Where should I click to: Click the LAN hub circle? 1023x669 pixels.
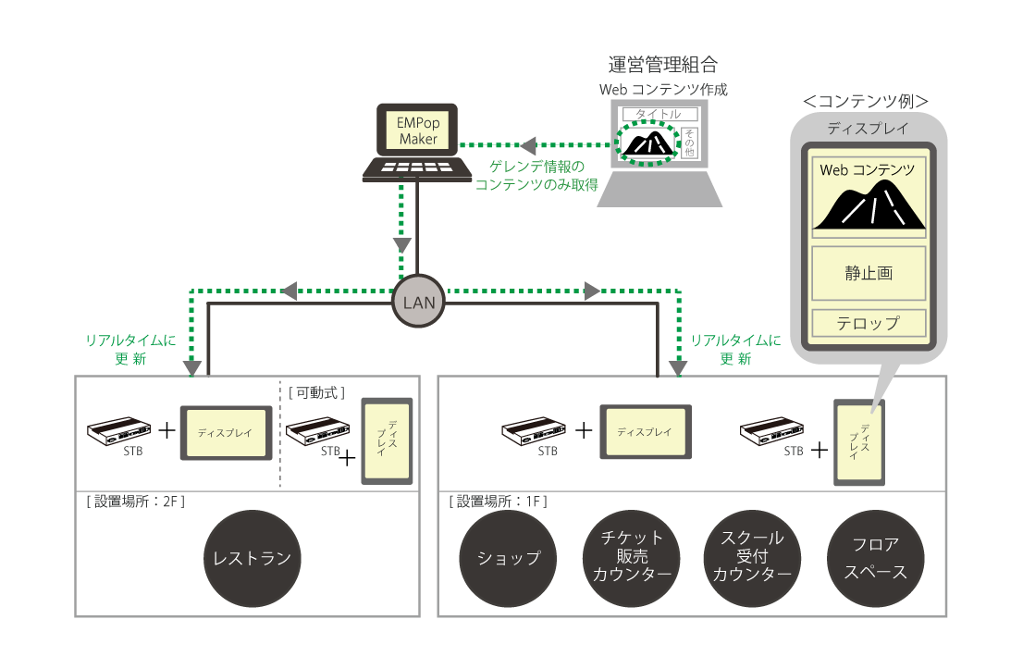coord(418,301)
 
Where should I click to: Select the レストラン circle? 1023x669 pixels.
coord(252,558)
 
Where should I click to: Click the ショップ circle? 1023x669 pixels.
coord(508,558)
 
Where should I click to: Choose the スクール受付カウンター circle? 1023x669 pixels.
coord(751,558)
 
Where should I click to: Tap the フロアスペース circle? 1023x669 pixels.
coord(874,558)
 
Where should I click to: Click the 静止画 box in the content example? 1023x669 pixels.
coord(869,274)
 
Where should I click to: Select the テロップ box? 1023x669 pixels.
coord(869,323)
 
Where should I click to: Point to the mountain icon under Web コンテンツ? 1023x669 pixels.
coord(869,205)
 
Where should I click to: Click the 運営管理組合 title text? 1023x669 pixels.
coord(662,66)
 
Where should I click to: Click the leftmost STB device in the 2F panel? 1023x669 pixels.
coord(119,431)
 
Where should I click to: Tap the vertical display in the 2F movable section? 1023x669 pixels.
coord(387,440)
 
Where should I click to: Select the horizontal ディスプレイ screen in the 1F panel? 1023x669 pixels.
coord(645,432)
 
